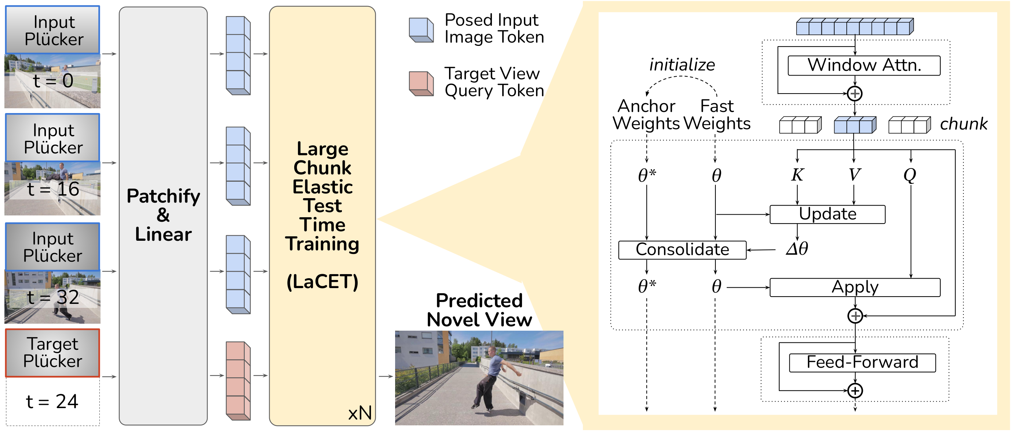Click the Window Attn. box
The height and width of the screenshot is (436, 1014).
(864, 65)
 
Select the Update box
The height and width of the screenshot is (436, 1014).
(827, 214)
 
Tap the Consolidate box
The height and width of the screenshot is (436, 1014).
(682, 250)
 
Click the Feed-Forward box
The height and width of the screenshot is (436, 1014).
(862, 362)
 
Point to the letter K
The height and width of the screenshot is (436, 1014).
(798, 174)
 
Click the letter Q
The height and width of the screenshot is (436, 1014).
(910, 174)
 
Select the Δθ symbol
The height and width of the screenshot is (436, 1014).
(797, 249)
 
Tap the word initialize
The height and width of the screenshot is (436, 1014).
(682, 65)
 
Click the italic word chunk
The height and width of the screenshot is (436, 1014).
(963, 124)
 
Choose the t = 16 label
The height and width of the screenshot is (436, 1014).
(53, 189)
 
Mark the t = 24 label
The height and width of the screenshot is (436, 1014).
(52, 402)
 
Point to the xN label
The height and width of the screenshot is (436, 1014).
(360, 413)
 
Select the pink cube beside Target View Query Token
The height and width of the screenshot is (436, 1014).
(421, 84)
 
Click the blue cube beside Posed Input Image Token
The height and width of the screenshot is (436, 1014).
(421, 30)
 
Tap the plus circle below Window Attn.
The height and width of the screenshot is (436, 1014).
(854, 94)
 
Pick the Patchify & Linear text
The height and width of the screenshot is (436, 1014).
(163, 215)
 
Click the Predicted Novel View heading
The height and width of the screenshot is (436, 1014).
(479, 310)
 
